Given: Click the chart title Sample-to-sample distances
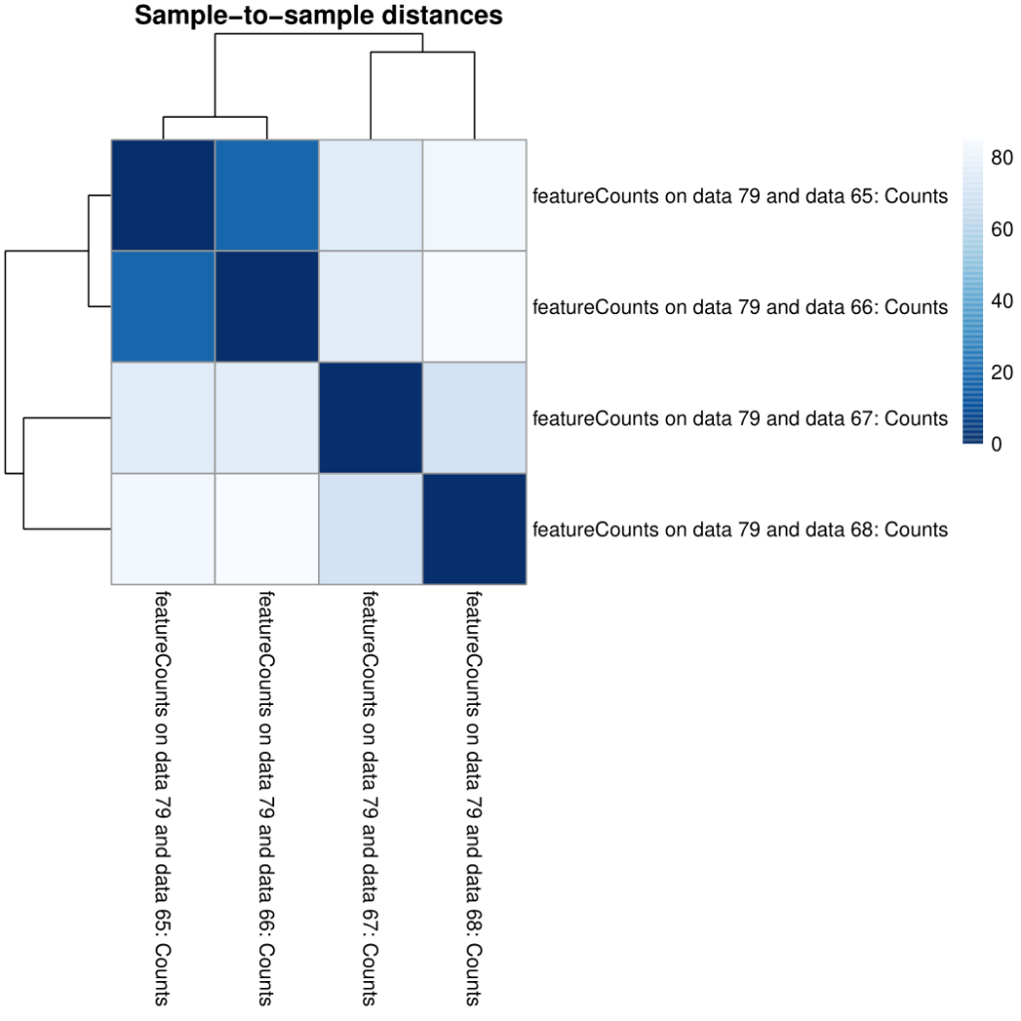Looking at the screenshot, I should click(x=318, y=16).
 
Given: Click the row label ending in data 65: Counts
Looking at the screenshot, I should click(x=740, y=196).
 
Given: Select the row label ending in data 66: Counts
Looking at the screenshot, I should click(x=740, y=307).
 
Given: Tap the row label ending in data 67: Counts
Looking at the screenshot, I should click(x=740, y=418).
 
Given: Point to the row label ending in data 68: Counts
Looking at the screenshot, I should click(x=740, y=528).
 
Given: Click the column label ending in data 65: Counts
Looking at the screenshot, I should click(x=162, y=799).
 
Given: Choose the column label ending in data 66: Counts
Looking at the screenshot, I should click(x=266, y=799).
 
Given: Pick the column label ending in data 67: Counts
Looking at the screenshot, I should click(x=370, y=799).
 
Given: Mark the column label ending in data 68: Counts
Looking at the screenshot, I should click(x=475, y=799).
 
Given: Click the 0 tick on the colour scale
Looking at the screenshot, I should click(x=997, y=444).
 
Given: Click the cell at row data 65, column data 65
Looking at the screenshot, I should click(x=162, y=195).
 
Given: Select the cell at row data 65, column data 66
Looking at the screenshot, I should click(x=266, y=195).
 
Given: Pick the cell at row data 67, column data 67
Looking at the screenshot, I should click(x=370, y=418).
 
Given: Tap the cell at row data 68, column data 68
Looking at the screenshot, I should click(x=475, y=528).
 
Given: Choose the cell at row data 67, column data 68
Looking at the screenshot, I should click(x=475, y=418).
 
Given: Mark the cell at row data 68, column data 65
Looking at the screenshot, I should click(x=162, y=528).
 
